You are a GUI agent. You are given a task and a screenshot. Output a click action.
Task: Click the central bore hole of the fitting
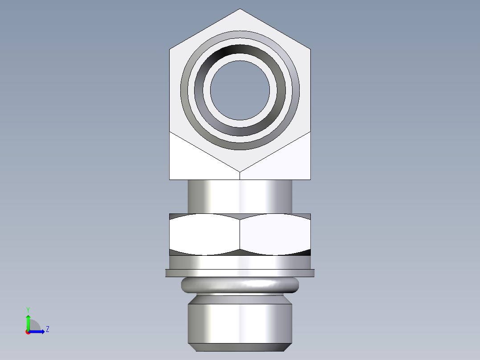click(x=240, y=90)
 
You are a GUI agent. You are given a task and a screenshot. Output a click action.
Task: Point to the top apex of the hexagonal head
click(x=240, y=9)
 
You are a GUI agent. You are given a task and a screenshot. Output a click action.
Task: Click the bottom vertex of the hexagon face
click(x=240, y=171)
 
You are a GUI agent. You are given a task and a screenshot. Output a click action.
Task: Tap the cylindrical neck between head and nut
click(x=240, y=196)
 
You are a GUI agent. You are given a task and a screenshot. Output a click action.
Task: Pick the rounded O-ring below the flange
click(x=240, y=284)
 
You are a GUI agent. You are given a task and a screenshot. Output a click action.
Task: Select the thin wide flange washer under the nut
click(x=240, y=273)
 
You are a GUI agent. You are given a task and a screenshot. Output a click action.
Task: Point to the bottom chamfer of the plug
click(x=240, y=347)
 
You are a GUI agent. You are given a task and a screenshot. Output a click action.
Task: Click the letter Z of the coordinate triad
click(x=47, y=329)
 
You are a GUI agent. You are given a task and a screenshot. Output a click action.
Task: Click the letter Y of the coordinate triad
click(x=28, y=309)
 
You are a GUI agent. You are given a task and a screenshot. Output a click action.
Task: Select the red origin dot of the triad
click(x=28, y=332)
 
